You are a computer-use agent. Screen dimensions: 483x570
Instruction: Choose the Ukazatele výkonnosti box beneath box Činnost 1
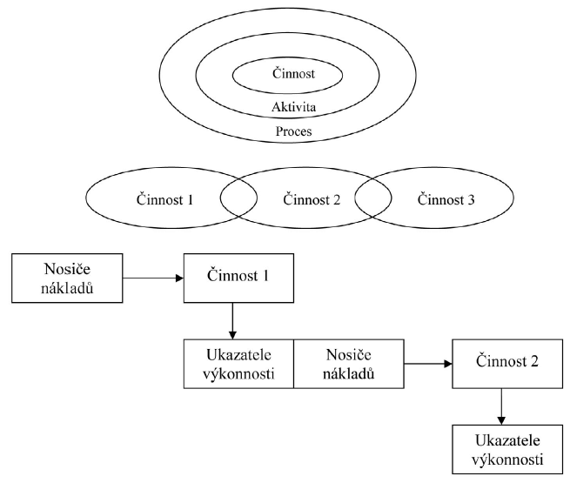239,363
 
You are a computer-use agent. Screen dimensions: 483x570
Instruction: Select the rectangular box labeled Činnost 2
501,363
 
